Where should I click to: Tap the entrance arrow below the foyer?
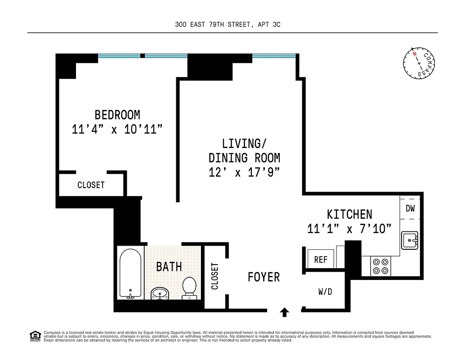284,311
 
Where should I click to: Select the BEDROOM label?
117,115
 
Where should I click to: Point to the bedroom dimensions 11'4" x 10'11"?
117,130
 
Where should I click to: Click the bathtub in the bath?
130,273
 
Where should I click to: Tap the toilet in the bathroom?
189,288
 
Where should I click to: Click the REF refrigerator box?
321,260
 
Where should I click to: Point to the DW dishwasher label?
410,208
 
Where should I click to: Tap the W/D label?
325,292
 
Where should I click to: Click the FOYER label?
264,277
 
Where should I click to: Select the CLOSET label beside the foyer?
215,276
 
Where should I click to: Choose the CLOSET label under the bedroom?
91,185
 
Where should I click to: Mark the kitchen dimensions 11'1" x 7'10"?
346,229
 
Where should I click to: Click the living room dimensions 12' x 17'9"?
245,172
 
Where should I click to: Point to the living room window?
274,56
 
